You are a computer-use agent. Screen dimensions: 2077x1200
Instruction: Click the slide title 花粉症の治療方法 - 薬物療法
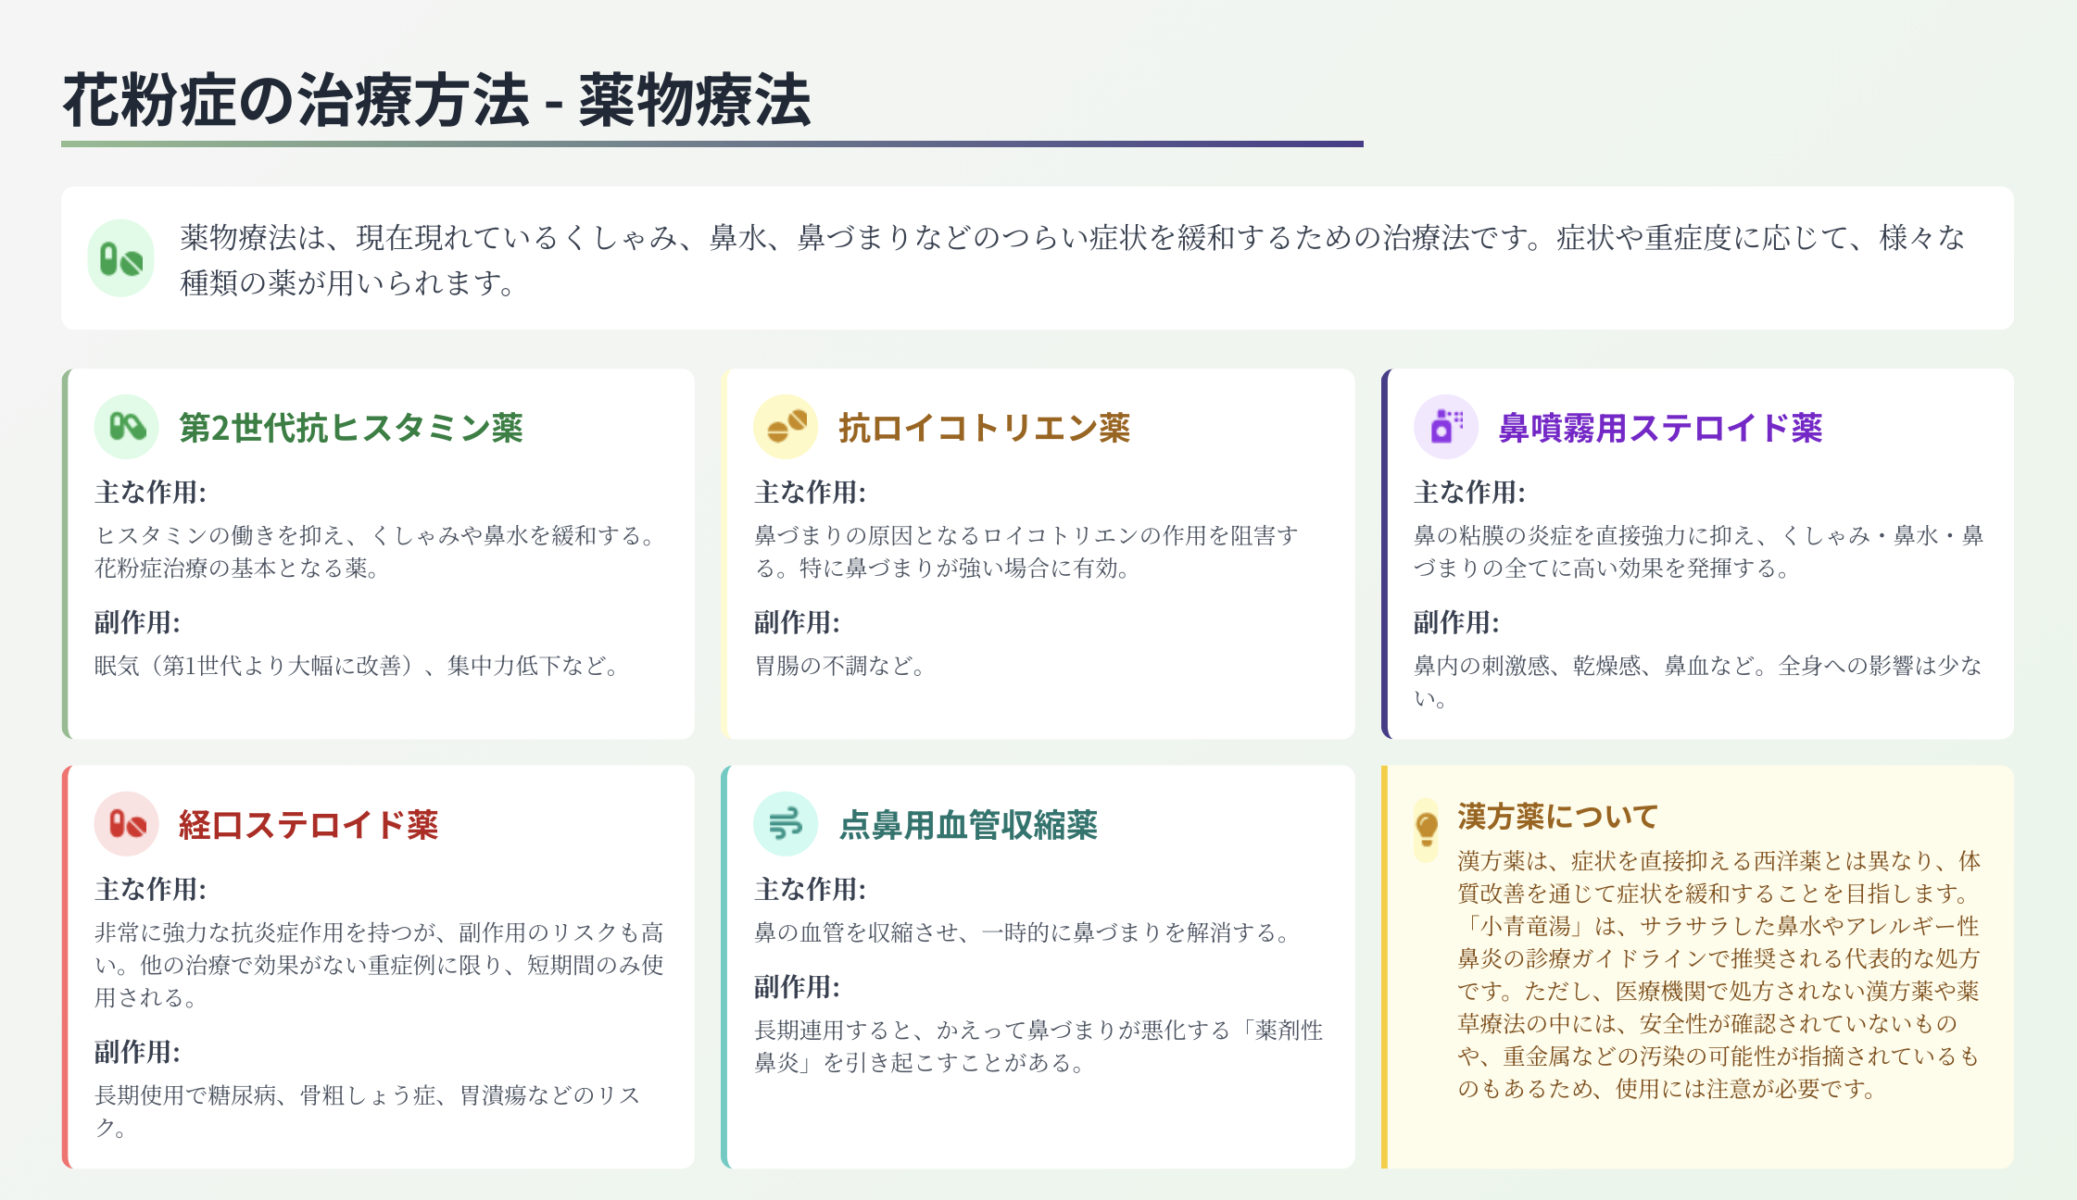(436, 100)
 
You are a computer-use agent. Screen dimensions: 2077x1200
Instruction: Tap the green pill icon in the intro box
(121, 259)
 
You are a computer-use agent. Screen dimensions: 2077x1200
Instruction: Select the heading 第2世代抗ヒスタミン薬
(351, 428)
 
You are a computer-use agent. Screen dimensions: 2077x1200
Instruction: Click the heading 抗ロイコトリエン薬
(984, 428)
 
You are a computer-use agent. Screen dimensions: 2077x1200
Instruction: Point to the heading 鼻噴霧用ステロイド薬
(1660, 428)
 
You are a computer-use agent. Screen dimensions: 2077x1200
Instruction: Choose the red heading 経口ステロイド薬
(308, 824)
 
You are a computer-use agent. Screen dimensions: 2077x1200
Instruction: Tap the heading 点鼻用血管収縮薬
(968, 824)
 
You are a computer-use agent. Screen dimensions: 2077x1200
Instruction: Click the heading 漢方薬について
(1557, 816)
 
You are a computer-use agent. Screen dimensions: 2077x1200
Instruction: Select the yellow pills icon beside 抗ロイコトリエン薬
(787, 427)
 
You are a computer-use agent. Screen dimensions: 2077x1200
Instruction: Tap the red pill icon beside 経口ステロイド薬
(127, 823)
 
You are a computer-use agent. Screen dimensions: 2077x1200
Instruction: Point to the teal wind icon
(786, 823)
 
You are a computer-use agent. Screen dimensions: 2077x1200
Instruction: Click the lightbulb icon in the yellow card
(1427, 829)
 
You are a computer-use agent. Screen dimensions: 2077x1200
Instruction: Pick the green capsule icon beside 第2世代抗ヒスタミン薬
(127, 427)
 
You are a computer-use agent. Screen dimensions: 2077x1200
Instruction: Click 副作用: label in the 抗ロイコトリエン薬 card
(797, 622)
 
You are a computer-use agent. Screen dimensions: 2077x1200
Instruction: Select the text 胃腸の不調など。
(839, 666)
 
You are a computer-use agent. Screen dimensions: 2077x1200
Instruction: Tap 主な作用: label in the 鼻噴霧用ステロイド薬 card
(1469, 492)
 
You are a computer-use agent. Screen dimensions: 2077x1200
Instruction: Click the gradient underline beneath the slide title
(712, 144)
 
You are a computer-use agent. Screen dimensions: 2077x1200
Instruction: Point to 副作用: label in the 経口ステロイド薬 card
(137, 1052)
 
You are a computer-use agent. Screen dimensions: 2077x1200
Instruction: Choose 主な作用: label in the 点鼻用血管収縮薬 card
(810, 889)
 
